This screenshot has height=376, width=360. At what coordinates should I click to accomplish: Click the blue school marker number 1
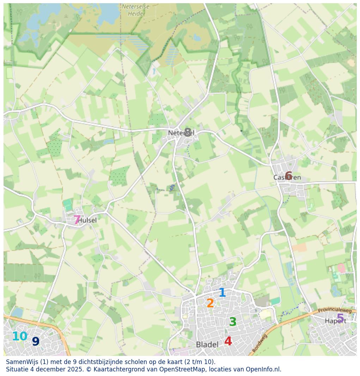coord(222,292)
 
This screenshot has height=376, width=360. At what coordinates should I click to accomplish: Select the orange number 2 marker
coord(210,303)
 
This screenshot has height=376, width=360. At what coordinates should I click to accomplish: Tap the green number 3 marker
coord(233,322)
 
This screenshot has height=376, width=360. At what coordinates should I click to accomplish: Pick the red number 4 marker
coord(228,341)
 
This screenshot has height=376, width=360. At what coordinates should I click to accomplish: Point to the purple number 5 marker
coord(340,319)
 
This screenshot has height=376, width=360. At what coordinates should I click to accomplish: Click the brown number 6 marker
coord(288,176)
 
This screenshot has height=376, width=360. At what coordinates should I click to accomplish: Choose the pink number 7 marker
coord(77,220)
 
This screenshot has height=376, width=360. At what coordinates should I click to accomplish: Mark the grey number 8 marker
coord(188,132)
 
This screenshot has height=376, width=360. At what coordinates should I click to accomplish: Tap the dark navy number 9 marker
coord(36,341)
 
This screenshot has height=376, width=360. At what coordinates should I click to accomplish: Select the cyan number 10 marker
coord(20,337)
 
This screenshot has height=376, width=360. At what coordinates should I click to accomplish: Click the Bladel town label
coord(207,344)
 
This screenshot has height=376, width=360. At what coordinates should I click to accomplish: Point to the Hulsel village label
coord(87,220)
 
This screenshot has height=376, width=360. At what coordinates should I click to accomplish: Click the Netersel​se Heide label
coord(135,10)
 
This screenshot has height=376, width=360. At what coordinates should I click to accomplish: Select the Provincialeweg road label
coord(335,310)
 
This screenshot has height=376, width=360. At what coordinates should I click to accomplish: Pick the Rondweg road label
coord(260,343)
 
